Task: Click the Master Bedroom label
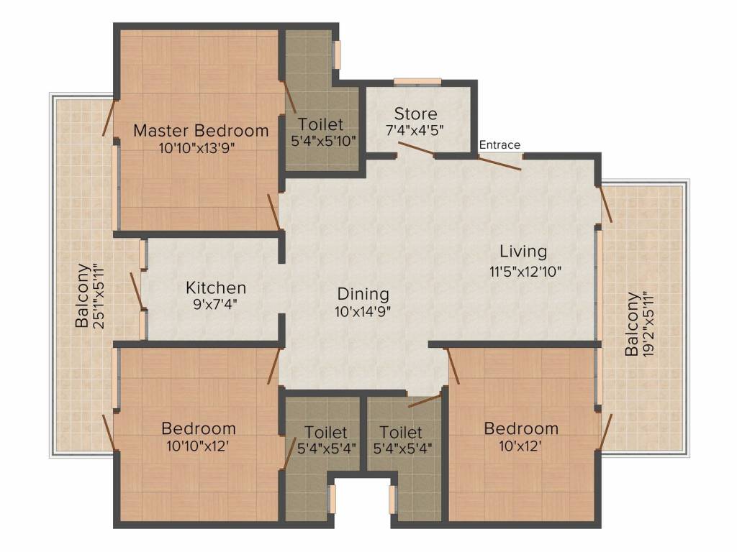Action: (x=201, y=131)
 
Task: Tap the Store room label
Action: (x=415, y=114)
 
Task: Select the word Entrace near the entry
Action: (x=499, y=144)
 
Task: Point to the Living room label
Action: (x=523, y=252)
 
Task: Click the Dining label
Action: (x=363, y=294)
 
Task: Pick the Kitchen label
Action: (x=216, y=288)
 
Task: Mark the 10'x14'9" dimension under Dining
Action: (x=363, y=312)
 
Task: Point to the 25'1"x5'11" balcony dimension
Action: (x=99, y=296)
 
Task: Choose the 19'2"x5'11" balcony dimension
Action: (x=648, y=325)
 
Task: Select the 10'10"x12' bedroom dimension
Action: (x=198, y=446)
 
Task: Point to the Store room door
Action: (x=416, y=148)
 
